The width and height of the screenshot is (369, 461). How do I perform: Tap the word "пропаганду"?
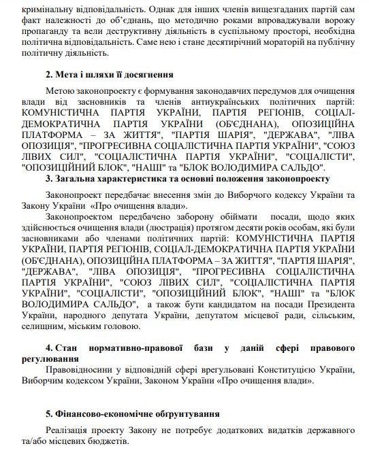[48, 32]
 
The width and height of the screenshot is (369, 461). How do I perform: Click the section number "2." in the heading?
[50, 75]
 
